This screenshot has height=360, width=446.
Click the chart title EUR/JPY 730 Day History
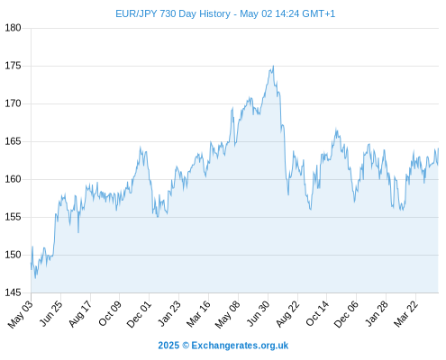click(173, 13)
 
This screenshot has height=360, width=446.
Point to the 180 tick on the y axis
click(13, 28)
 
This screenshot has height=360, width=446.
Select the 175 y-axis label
click(13, 66)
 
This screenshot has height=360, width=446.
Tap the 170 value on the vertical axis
click(13, 103)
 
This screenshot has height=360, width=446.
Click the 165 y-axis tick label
click(13, 141)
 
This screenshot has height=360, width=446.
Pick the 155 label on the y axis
click(13, 217)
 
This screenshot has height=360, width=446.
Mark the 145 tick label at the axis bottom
click(13, 292)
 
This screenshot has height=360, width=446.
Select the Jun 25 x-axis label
click(51, 313)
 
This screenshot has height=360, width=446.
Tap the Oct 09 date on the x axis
click(110, 313)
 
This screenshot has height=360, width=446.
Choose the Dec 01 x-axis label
click(139, 313)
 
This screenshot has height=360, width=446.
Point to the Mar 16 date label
click(198, 313)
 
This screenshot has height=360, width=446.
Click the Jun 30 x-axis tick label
click(259, 313)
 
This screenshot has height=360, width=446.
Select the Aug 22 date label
click(287, 313)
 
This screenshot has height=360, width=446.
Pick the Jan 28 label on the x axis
click(377, 313)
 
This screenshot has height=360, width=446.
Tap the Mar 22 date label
click(405, 313)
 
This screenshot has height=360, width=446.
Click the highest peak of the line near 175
click(273, 66)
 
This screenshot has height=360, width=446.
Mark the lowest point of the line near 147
click(35, 278)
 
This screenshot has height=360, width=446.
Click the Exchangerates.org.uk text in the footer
click(240, 346)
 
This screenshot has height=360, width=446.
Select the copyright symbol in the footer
click(186, 346)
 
